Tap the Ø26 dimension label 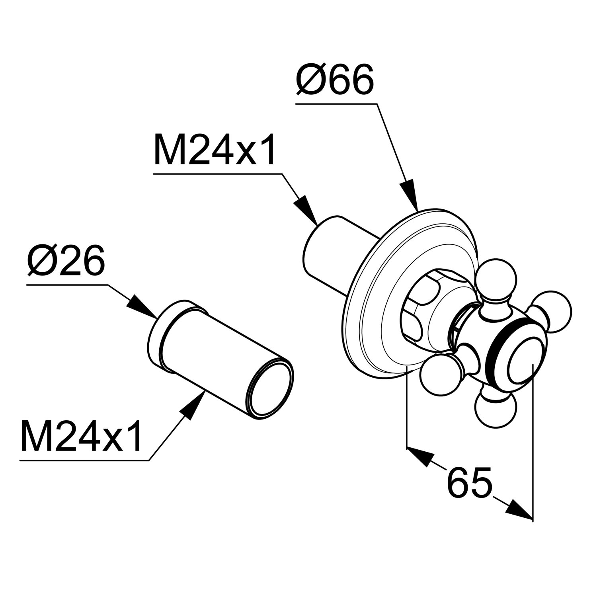point(66,261)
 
